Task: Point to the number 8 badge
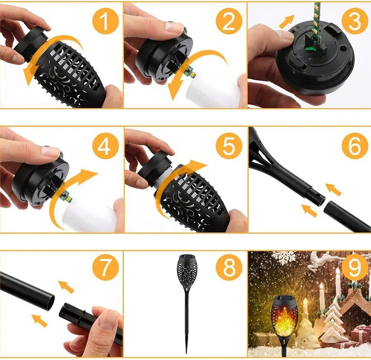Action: [x=230, y=269]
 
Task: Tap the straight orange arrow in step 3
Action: [x=286, y=22]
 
